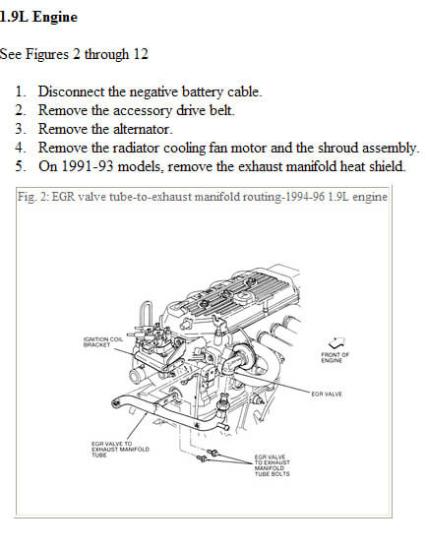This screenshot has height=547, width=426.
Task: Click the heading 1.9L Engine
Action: click(38, 17)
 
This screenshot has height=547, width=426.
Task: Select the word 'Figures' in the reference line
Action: click(47, 54)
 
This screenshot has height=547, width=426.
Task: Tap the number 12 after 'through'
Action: click(141, 54)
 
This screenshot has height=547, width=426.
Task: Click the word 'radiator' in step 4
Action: click(136, 148)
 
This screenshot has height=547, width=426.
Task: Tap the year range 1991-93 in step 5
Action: click(88, 166)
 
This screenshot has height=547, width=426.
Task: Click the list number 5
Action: click(20, 166)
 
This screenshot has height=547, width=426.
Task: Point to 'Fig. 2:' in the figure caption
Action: click(33, 197)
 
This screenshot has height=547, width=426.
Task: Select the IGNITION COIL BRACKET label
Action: click(103, 342)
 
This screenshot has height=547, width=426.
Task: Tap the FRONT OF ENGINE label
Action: click(335, 357)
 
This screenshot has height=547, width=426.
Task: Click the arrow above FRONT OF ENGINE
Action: click(337, 342)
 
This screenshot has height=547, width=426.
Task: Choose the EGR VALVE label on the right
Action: click(327, 394)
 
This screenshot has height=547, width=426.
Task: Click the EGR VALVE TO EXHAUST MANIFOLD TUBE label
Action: click(120, 450)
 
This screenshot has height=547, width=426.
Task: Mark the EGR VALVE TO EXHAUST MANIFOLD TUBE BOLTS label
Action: click(273, 465)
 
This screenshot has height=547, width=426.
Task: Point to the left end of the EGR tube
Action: click(115, 403)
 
